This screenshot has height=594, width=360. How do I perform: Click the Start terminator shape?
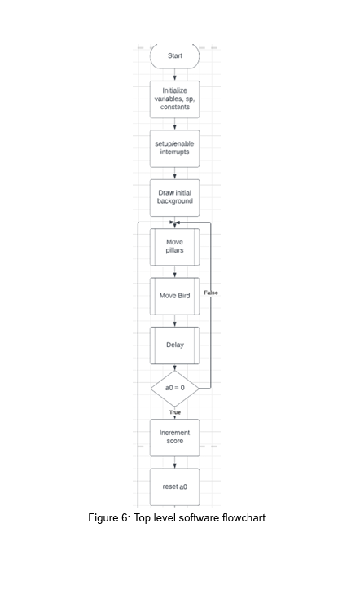(174, 56)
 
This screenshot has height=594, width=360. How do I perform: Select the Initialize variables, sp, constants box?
(174, 99)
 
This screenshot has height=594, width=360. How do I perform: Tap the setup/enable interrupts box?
(174, 148)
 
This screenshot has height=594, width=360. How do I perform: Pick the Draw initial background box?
(174, 198)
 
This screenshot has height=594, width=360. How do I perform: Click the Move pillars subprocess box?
(174, 247)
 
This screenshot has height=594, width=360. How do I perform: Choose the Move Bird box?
(174, 297)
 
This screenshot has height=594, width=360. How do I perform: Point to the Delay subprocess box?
(174, 345)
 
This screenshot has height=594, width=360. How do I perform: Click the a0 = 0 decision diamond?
(174, 389)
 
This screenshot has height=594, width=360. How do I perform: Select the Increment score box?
(174, 438)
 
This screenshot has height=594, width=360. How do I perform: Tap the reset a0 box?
(174, 486)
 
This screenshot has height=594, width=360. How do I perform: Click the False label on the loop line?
(211, 293)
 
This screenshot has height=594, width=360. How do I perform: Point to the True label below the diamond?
(175, 412)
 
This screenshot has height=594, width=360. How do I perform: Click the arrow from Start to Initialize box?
(174, 75)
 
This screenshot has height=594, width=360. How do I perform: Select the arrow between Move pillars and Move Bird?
(174, 271)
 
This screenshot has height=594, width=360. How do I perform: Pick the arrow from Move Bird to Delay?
(174, 321)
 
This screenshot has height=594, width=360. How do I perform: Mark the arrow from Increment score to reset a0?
(174, 462)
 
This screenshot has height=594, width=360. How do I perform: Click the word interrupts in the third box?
(174, 152)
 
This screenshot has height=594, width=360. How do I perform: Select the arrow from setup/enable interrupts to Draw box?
(174, 173)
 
